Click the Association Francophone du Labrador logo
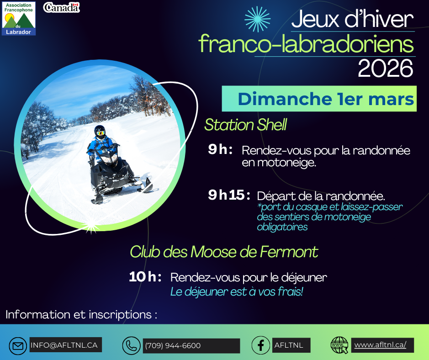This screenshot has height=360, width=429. (19, 18)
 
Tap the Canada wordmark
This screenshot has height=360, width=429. (61, 7)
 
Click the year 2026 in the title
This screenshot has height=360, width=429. (385, 69)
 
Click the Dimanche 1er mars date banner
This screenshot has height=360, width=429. (319, 99)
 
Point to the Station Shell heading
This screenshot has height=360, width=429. (245, 125)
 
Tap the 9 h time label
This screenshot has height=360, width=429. (220, 149)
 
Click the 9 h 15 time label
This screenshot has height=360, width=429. (229, 195)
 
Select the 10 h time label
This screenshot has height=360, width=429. (145, 277)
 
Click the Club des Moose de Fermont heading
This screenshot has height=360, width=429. (224, 252)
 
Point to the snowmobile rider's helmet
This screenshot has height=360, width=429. (100, 132)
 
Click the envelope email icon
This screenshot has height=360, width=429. (18, 345)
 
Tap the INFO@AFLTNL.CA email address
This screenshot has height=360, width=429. (64, 345)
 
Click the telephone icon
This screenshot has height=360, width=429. (132, 345)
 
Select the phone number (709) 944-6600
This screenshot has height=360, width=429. (173, 346)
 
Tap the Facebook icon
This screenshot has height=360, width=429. (261, 345)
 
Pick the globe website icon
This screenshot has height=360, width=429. (339, 345)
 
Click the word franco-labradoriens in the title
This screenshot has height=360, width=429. (306, 44)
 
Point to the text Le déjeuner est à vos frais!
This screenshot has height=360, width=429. (237, 291)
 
